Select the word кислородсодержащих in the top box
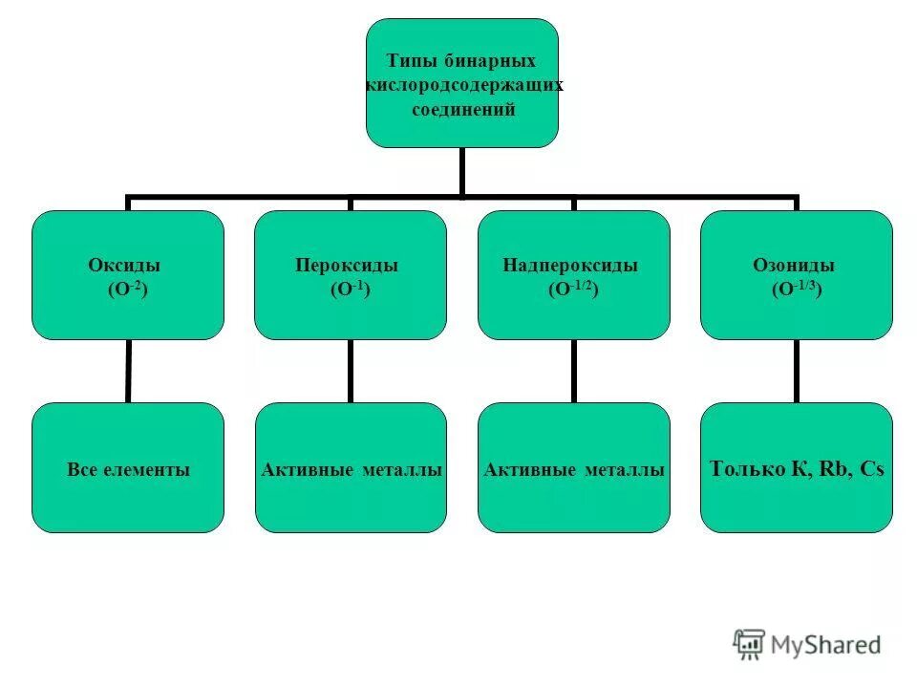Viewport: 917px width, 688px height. click(464, 85)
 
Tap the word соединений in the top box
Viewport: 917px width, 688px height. click(463, 110)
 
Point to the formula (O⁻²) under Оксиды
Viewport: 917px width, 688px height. click(128, 288)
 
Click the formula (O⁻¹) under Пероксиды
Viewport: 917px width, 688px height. click(349, 288)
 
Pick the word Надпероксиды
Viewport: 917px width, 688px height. click(570, 266)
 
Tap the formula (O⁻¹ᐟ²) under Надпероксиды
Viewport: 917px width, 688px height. click(573, 288)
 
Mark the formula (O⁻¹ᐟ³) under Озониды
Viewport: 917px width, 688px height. click(797, 288)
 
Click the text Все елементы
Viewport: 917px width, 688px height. click(128, 470)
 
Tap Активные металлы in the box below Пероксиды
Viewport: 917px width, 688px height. click(351, 470)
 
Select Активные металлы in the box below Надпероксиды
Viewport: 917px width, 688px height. click(574, 470)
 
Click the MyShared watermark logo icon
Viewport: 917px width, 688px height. click(749, 644)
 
